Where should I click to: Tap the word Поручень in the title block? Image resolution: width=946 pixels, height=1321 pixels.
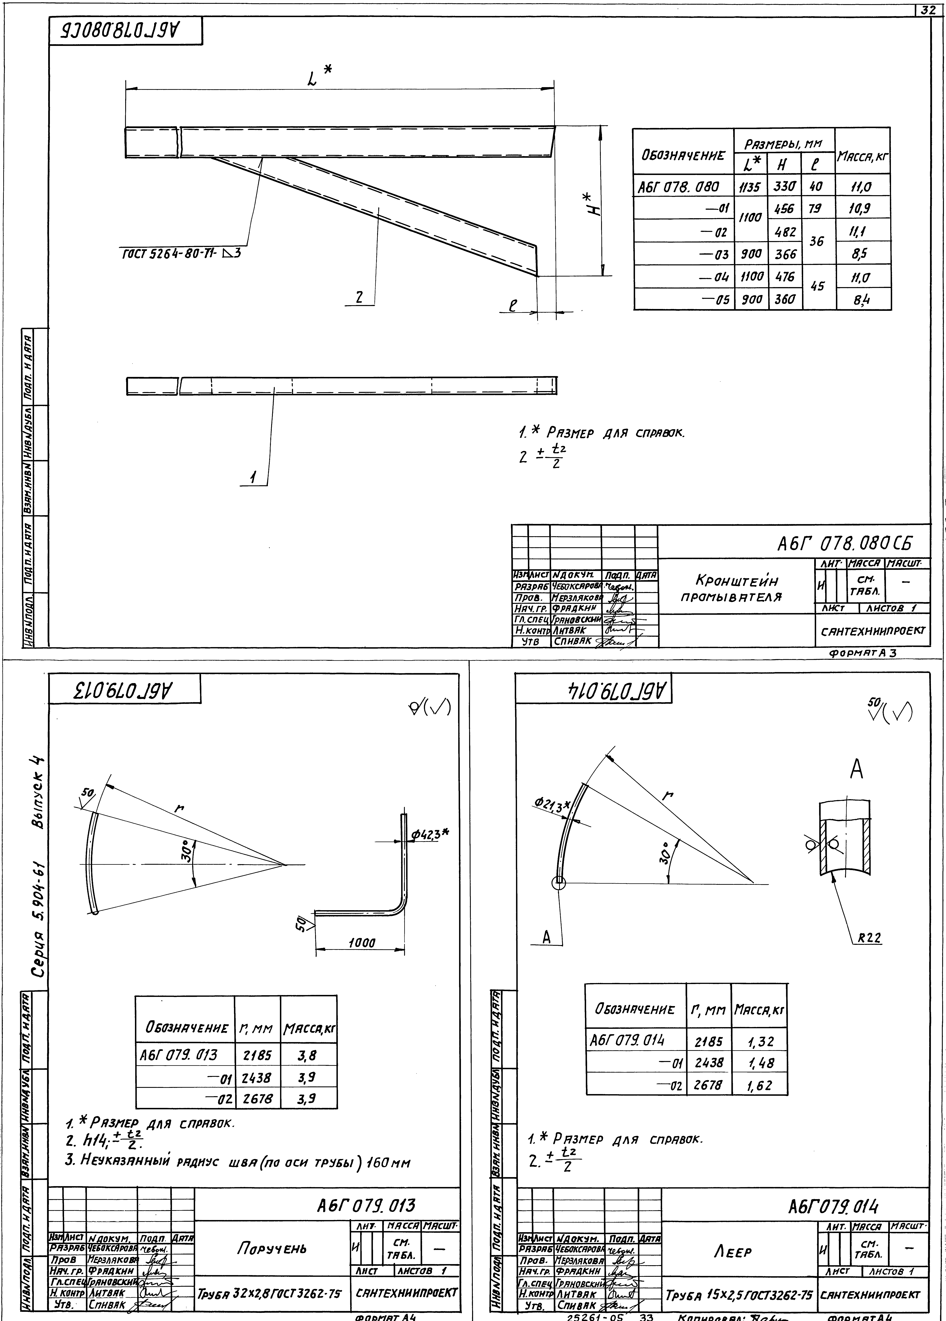point(272,1248)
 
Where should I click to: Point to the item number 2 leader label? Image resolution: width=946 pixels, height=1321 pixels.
point(359,297)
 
